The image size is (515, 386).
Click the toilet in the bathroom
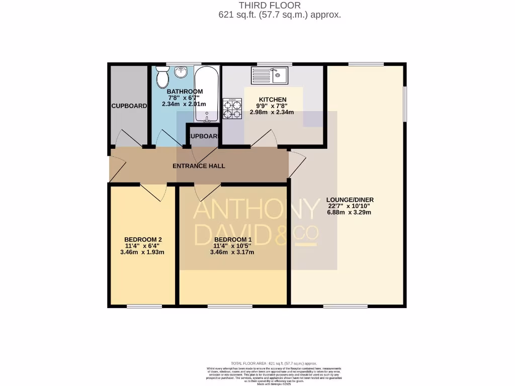(x=162, y=77)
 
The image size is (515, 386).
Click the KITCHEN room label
(x=273, y=100)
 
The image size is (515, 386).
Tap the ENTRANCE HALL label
(x=199, y=166)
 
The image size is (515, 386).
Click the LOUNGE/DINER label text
(x=350, y=200)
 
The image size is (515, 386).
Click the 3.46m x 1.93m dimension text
(x=142, y=252)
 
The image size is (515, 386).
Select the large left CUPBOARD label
(x=129, y=106)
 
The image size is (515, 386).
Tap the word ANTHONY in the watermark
(x=256, y=211)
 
